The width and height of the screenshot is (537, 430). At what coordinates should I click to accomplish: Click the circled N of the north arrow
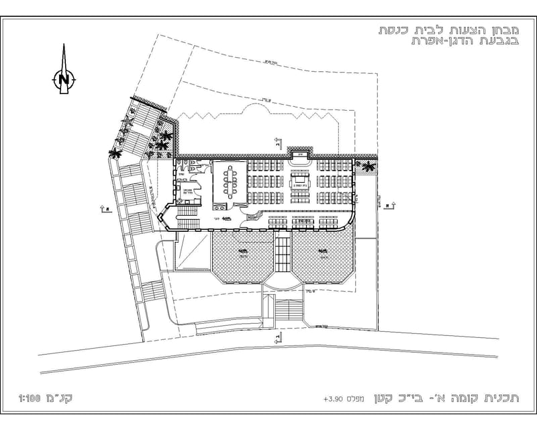[64, 79]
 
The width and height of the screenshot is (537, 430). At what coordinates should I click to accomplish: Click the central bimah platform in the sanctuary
[299, 179]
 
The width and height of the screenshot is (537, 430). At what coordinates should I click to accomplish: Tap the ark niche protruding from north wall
[299, 157]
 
